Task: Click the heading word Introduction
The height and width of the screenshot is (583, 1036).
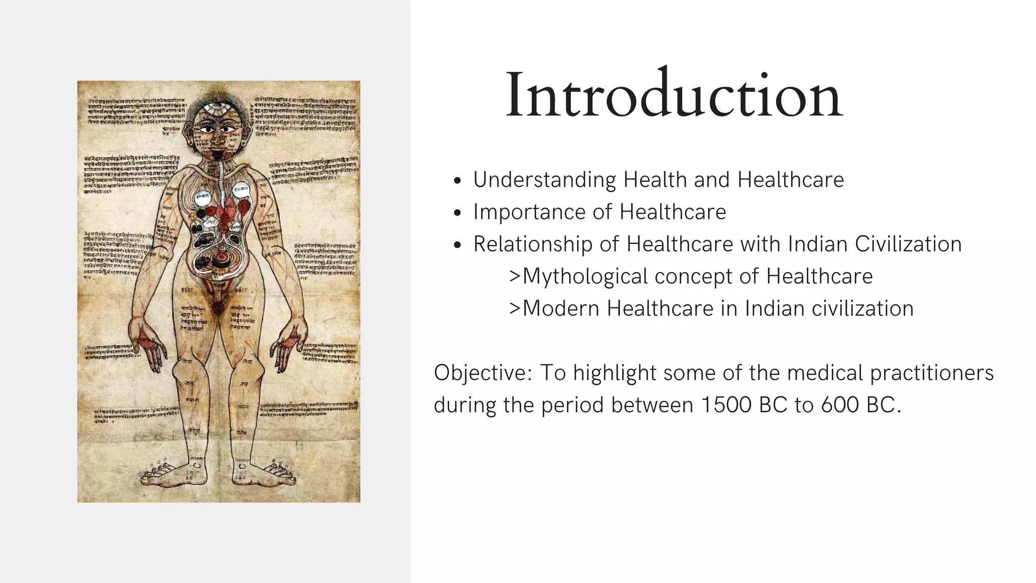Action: click(x=674, y=95)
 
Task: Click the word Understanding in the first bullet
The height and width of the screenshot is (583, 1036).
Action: click(x=544, y=180)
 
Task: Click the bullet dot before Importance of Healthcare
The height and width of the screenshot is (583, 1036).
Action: click(x=457, y=213)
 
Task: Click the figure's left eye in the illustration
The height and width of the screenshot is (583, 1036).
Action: click(x=206, y=130)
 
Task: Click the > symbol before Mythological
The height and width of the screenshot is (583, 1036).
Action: click(x=514, y=277)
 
